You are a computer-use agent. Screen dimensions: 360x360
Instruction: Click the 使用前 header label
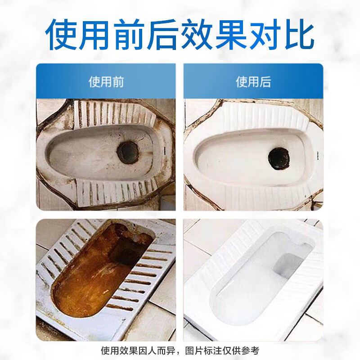click(x=106, y=81)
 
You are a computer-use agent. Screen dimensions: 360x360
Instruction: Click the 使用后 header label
click(x=253, y=81)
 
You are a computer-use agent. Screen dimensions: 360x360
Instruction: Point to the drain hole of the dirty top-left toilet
click(x=129, y=152)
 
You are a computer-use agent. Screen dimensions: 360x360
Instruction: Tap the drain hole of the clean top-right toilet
click(x=280, y=158)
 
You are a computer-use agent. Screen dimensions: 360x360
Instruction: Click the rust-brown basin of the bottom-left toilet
click(x=90, y=279)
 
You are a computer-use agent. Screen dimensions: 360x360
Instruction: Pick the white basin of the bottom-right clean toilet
click(x=252, y=288)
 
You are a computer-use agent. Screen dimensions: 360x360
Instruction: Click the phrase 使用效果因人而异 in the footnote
click(x=138, y=350)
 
